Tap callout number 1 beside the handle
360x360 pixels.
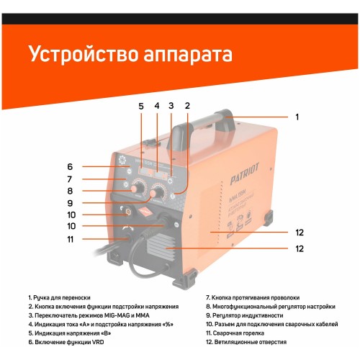click(297, 116)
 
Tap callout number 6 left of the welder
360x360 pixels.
click(71, 166)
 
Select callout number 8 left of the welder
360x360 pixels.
click(71, 191)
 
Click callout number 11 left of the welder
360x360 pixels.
click(71, 239)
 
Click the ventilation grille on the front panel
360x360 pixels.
click(160, 251)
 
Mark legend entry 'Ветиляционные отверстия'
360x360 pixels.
click(248, 343)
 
